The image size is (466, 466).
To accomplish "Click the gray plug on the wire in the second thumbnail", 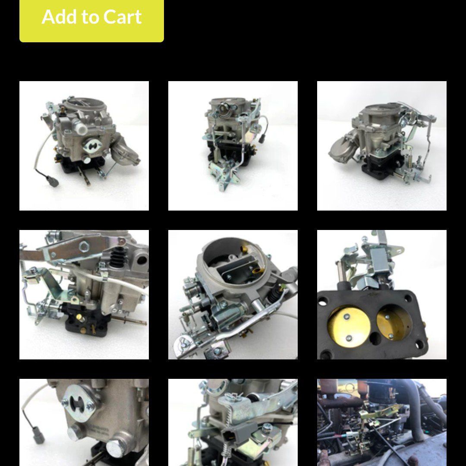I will pyautogui.click(x=263, y=139).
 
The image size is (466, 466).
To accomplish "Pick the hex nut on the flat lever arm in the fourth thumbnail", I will pyautogui.click(x=84, y=247).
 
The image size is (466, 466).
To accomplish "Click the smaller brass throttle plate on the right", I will pyautogui.click(x=394, y=323).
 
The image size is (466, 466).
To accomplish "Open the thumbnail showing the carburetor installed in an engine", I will pyautogui.click(x=381, y=422).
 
